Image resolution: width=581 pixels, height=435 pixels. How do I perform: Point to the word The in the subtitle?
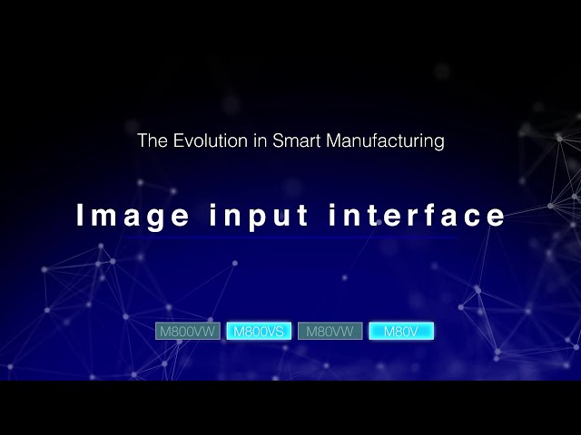(151, 141)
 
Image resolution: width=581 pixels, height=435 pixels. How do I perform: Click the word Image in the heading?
(133, 216)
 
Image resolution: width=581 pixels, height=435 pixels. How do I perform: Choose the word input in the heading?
(258, 217)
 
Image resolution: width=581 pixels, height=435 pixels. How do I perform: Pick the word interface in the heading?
(417, 216)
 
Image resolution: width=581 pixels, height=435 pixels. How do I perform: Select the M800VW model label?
(189, 332)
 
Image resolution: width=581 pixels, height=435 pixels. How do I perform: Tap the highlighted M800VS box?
(259, 332)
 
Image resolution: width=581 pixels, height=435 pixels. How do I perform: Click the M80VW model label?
(330, 332)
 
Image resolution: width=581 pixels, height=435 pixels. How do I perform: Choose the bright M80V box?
(401, 332)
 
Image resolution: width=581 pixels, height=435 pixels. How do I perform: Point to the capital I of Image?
(80, 216)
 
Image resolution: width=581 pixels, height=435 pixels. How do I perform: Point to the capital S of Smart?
(278, 141)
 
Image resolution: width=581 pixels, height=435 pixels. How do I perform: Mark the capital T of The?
(142, 141)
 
